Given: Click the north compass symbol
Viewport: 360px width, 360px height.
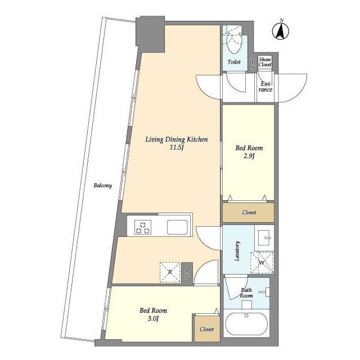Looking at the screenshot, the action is (x=281, y=30).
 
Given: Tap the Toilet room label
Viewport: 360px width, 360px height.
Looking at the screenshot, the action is (x=234, y=62).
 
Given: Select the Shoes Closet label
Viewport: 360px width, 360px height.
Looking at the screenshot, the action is (x=265, y=62).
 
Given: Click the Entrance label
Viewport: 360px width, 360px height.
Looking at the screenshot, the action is (x=265, y=87).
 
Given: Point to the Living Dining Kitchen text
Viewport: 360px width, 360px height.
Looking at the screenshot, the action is (x=176, y=139).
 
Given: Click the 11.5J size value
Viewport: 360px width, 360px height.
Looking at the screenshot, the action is (x=176, y=147).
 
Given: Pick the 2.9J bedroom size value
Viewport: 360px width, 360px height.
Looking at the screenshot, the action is (x=249, y=156).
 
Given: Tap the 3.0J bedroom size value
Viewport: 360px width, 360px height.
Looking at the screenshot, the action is (x=153, y=319).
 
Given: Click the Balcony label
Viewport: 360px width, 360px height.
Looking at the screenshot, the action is (x=102, y=185).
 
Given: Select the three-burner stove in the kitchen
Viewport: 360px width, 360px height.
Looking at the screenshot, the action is (x=143, y=227).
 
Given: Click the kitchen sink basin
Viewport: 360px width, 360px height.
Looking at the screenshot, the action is (x=177, y=227).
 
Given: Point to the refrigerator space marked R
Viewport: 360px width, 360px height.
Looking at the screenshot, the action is (x=170, y=272).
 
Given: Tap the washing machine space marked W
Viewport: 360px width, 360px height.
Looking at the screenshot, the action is (x=262, y=263).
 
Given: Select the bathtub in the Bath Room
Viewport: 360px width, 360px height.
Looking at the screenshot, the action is (x=246, y=324).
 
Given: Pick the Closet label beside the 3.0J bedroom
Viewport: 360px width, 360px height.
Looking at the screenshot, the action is (x=206, y=329).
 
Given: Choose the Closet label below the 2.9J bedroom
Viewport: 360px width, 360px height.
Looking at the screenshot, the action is (x=249, y=213).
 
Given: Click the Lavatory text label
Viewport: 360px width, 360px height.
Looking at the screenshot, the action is (x=237, y=251).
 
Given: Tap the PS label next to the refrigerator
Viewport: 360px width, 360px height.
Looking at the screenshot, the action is (x=187, y=274).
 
